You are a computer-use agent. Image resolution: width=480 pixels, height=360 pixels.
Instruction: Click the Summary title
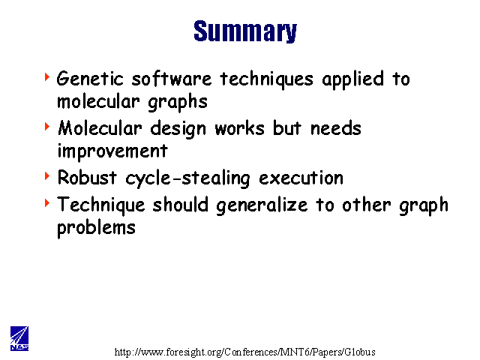[245, 31]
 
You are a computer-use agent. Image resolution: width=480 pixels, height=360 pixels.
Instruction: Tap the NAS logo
[19, 338]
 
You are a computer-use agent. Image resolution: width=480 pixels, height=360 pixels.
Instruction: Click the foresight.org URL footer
[245, 352]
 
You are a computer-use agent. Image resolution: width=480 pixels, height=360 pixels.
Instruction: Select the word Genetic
[90, 78]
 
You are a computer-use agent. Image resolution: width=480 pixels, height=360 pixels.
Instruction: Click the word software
[172, 78]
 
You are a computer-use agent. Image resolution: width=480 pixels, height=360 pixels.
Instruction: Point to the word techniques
[267, 79]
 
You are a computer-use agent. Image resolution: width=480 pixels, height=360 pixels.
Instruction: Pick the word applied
[352, 79]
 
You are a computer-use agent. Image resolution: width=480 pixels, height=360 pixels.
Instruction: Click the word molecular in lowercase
[98, 101]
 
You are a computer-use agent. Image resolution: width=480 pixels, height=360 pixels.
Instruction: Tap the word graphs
[178, 102]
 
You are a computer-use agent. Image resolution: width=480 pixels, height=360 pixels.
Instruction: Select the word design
[178, 129]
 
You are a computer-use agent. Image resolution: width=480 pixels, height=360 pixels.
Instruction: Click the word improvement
[112, 151]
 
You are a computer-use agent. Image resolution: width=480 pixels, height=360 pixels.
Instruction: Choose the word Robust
[87, 177]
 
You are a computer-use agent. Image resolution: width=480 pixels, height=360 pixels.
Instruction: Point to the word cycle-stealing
[187, 178]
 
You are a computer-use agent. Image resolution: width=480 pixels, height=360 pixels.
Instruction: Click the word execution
[301, 178]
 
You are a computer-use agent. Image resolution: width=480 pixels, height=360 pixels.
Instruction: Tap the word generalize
[262, 205]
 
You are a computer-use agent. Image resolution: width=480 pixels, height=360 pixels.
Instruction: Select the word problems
[97, 228]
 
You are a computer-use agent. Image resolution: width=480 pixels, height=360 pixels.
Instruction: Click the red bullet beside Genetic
[47, 76]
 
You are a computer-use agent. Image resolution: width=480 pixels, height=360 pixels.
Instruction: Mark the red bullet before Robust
[47, 175]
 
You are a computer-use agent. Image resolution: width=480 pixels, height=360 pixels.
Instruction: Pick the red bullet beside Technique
[47, 202]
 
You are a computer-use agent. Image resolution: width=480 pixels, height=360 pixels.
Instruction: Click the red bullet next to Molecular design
[47, 127]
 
